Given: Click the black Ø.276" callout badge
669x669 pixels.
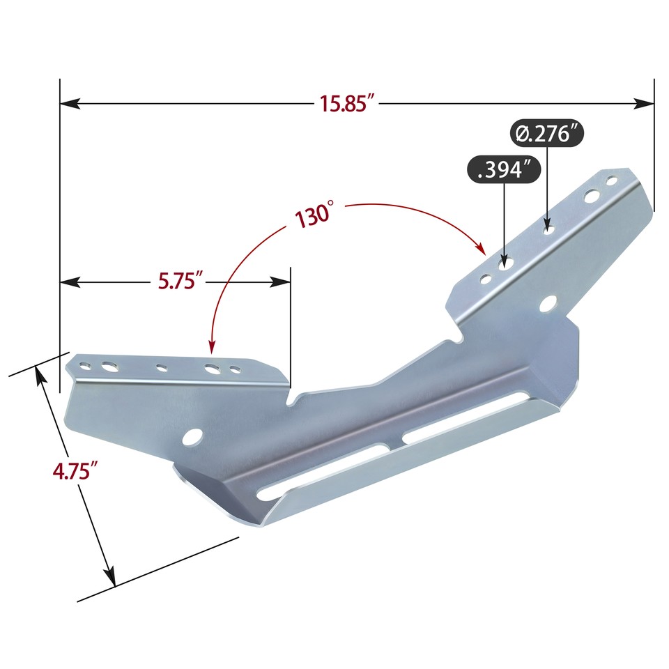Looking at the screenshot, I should [x=546, y=132].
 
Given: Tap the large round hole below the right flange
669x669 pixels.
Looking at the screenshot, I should [x=549, y=304].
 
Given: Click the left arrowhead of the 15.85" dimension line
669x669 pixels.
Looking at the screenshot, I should [x=67, y=104].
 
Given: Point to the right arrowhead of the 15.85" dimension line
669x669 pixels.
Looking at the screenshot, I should [x=647, y=104].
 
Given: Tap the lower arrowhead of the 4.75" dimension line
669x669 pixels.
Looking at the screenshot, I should [x=110, y=578].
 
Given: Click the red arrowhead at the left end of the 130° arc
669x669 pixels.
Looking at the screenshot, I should [x=211, y=346].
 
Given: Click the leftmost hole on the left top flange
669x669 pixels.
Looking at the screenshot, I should [x=84, y=364].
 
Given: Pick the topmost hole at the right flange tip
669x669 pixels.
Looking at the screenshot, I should [x=613, y=181].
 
